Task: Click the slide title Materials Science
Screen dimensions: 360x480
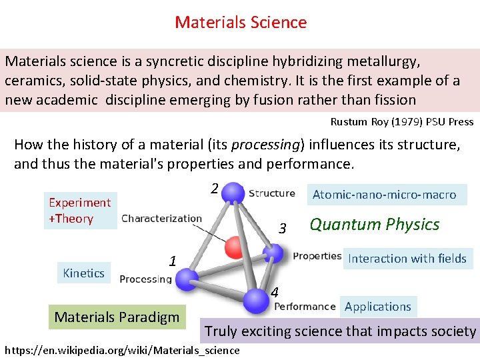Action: click(241, 22)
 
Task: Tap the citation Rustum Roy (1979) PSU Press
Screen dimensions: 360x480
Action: click(401, 122)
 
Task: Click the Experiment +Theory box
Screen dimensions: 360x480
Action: click(79, 211)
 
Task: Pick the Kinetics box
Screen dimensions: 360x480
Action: click(83, 273)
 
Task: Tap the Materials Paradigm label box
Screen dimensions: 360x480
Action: click(117, 317)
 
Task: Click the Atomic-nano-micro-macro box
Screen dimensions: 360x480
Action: click(384, 195)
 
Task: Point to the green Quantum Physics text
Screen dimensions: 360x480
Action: click(374, 225)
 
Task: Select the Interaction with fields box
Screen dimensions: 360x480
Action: click(407, 259)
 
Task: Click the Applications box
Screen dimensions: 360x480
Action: click(377, 307)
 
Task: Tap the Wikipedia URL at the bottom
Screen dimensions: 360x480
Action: click(122, 350)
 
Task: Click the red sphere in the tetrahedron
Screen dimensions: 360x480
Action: click(235, 247)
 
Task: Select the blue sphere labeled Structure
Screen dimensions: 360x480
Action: click(233, 193)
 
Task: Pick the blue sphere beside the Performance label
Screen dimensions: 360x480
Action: click(256, 300)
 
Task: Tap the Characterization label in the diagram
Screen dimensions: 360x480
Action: click(161, 218)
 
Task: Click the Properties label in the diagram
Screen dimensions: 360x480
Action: click(317, 256)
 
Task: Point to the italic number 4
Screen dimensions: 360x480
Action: click(275, 292)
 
